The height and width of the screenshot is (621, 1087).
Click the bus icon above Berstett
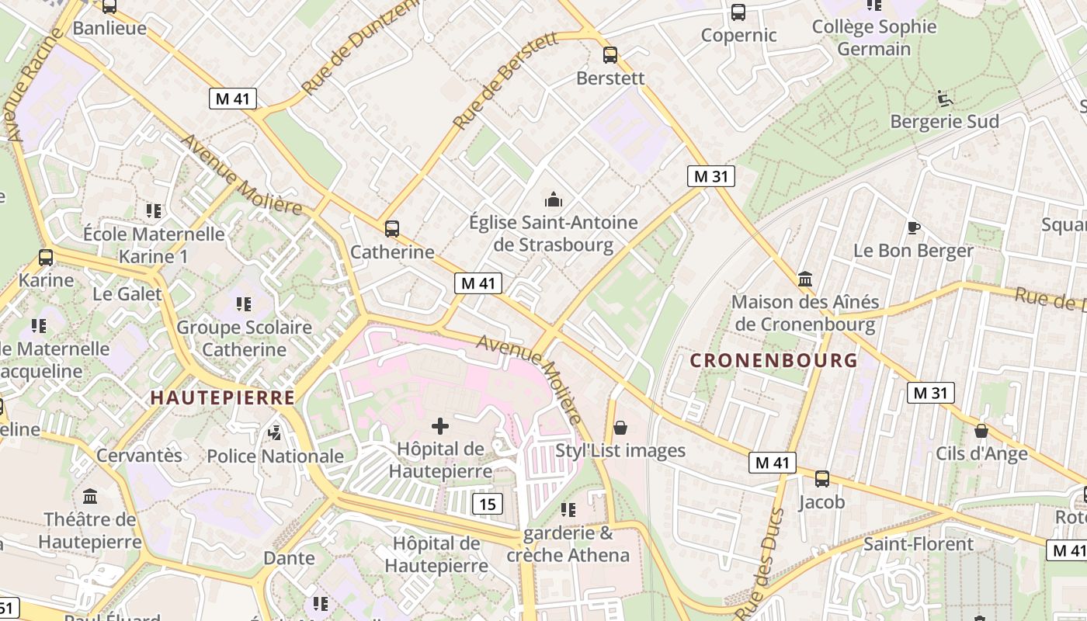610,55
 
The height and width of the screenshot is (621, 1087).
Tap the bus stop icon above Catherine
392,228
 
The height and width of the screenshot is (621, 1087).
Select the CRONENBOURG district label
773,360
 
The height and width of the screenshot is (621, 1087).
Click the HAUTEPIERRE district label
223,397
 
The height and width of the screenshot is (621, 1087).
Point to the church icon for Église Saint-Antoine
553,199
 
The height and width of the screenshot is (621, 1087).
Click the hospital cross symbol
440,425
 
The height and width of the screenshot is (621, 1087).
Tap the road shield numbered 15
487,504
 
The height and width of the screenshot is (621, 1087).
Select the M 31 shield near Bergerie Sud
710,176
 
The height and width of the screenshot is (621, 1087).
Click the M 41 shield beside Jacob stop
773,463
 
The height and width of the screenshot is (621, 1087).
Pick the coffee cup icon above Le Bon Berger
914,227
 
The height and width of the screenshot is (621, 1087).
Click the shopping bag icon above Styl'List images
620,428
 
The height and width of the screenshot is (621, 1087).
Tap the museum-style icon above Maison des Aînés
805,279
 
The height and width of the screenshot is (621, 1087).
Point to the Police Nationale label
275,456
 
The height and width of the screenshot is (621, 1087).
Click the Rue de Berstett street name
505,81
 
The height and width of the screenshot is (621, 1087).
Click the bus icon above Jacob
821,479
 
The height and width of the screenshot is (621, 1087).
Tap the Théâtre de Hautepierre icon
90,496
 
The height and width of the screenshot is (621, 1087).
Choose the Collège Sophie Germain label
874,37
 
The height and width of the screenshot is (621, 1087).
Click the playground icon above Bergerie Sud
944,99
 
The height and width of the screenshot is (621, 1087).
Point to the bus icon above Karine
46,258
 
